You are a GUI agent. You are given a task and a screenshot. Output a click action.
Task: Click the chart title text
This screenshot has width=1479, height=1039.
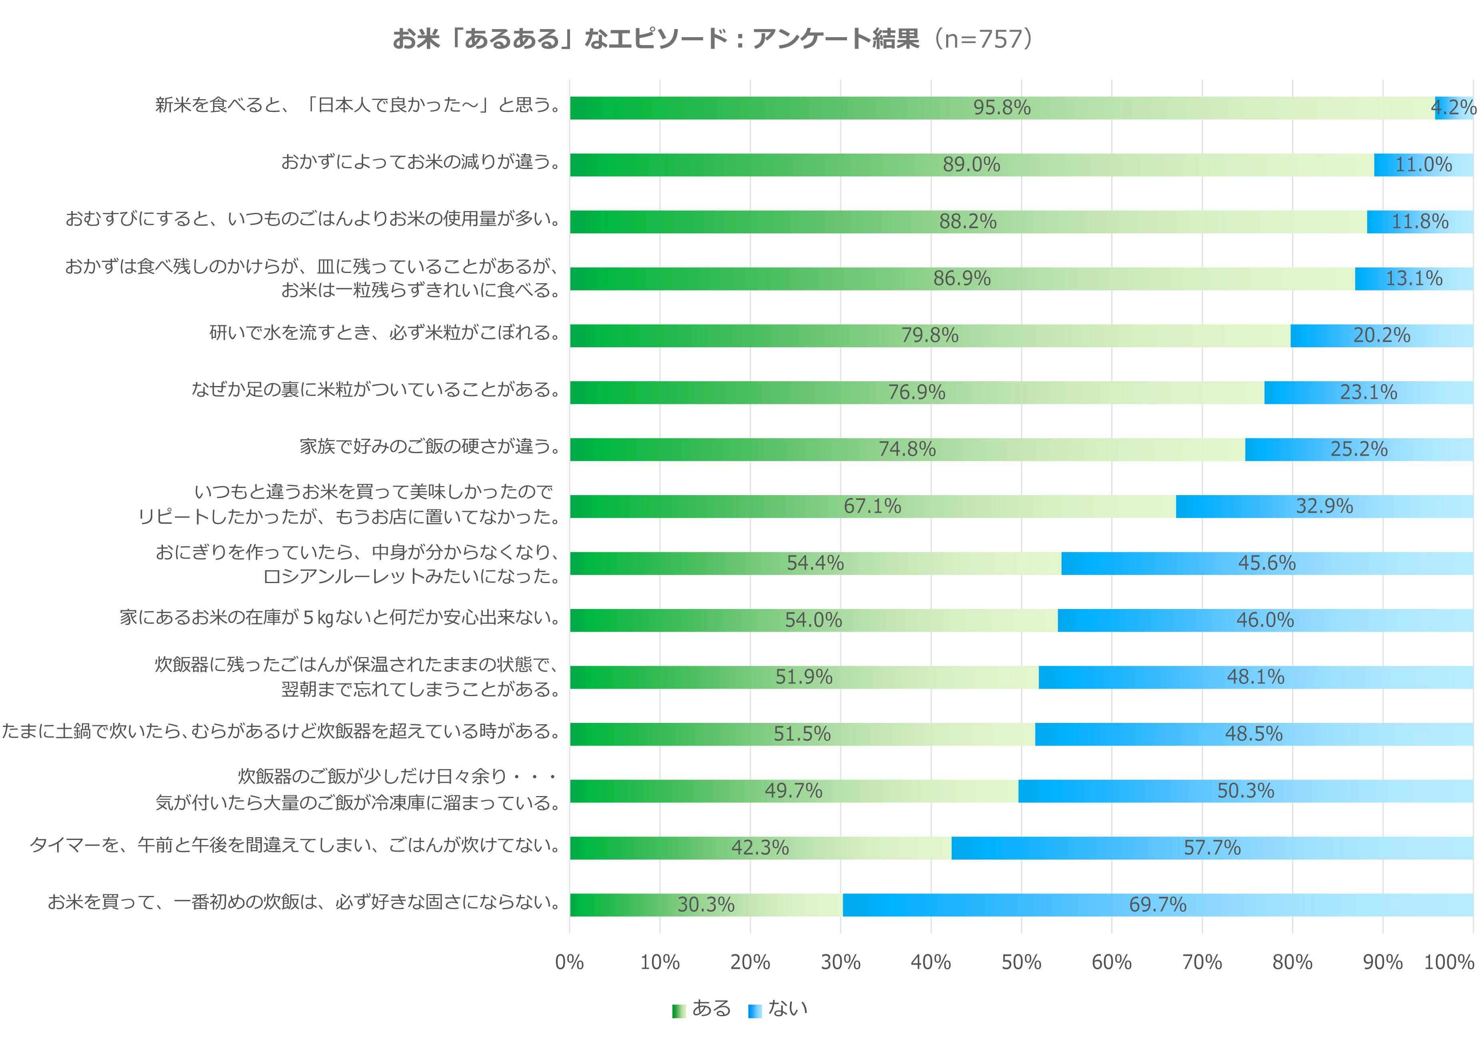[714, 39]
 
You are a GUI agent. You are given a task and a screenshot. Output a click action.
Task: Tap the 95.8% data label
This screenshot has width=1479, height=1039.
[1002, 107]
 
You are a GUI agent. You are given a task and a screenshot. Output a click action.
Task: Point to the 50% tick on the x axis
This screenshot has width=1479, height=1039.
[1021, 962]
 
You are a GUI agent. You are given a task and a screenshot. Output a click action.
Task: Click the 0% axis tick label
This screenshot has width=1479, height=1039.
[570, 962]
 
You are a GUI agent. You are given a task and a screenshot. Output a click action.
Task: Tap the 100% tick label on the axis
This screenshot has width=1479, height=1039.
[1449, 962]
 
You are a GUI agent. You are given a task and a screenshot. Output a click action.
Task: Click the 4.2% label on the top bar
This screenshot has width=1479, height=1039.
[1453, 107]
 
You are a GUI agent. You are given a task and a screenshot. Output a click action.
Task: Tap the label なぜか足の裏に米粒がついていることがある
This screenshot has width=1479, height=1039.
[376, 390]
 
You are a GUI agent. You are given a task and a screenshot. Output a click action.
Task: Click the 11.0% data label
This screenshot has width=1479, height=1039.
[1423, 165]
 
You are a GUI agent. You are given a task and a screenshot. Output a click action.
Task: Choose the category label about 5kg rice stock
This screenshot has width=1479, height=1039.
[339, 618]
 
